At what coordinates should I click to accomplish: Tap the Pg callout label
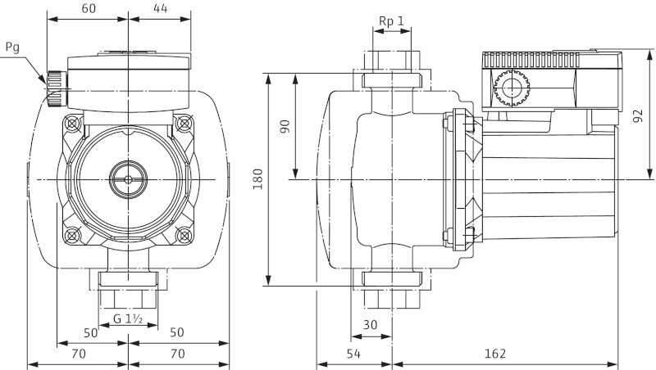11,48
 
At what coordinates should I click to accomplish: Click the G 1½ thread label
129,318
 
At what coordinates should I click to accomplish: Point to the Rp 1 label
392,20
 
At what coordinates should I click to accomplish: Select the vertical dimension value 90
285,126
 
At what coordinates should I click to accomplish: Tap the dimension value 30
371,324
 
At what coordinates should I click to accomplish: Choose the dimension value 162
494,353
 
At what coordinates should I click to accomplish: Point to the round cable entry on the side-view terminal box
509,88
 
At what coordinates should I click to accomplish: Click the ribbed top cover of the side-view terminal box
533,60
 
